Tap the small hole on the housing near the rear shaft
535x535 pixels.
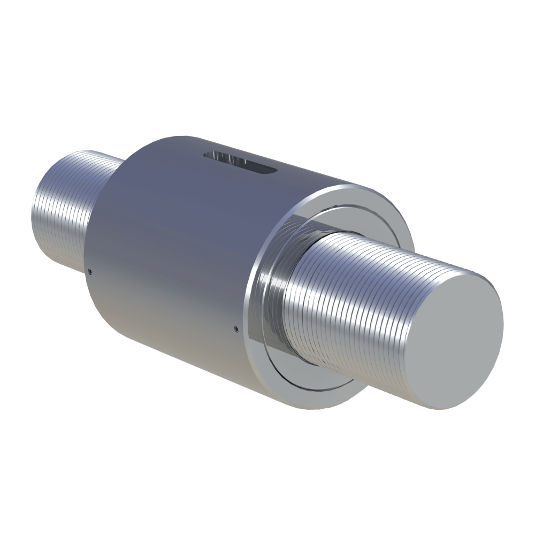tap(90, 271)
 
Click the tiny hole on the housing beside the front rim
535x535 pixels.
tap(236, 327)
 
